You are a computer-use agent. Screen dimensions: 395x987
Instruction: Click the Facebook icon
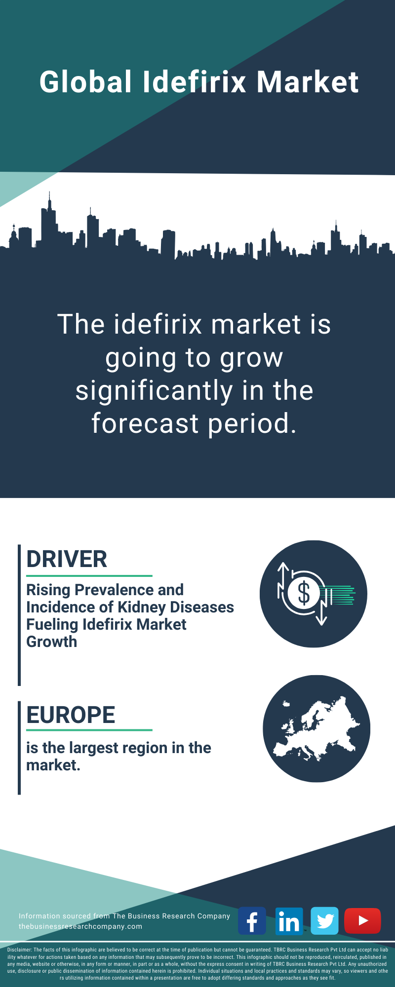click(252, 920)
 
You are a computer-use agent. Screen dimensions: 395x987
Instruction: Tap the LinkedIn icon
click(289, 920)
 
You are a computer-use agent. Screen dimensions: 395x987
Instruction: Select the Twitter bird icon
click(325, 920)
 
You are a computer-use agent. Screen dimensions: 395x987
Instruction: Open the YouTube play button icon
click(362, 920)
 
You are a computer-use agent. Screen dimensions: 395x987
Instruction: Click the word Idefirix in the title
click(195, 82)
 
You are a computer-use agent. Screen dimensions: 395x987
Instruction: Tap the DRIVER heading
click(67, 560)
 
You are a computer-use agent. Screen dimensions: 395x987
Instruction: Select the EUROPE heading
click(71, 715)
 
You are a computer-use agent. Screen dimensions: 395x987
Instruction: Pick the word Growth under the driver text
click(52, 642)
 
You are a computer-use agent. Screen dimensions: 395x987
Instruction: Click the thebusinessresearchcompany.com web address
click(80, 926)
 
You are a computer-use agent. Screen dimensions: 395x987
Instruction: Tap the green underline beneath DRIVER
click(89, 575)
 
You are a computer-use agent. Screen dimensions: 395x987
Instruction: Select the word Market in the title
click(308, 82)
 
